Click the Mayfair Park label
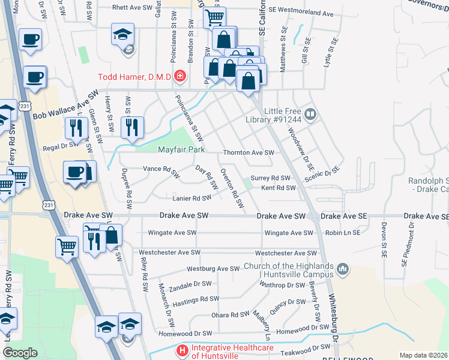(181, 149)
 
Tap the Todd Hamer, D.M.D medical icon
(179, 77)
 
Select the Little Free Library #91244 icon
(310, 113)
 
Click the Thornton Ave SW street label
(249, 153)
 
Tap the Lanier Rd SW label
(191, 198)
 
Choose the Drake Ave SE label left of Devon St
(343, 216)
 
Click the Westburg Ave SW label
(213, 269)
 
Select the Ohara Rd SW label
(231, 314)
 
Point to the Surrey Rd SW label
(270, 178)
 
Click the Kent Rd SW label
(279, 188)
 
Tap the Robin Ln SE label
(343, 233)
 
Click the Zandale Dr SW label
(190, 285)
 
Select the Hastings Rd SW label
(200, 299)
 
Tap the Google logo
(20, 352)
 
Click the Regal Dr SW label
(59, 145)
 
